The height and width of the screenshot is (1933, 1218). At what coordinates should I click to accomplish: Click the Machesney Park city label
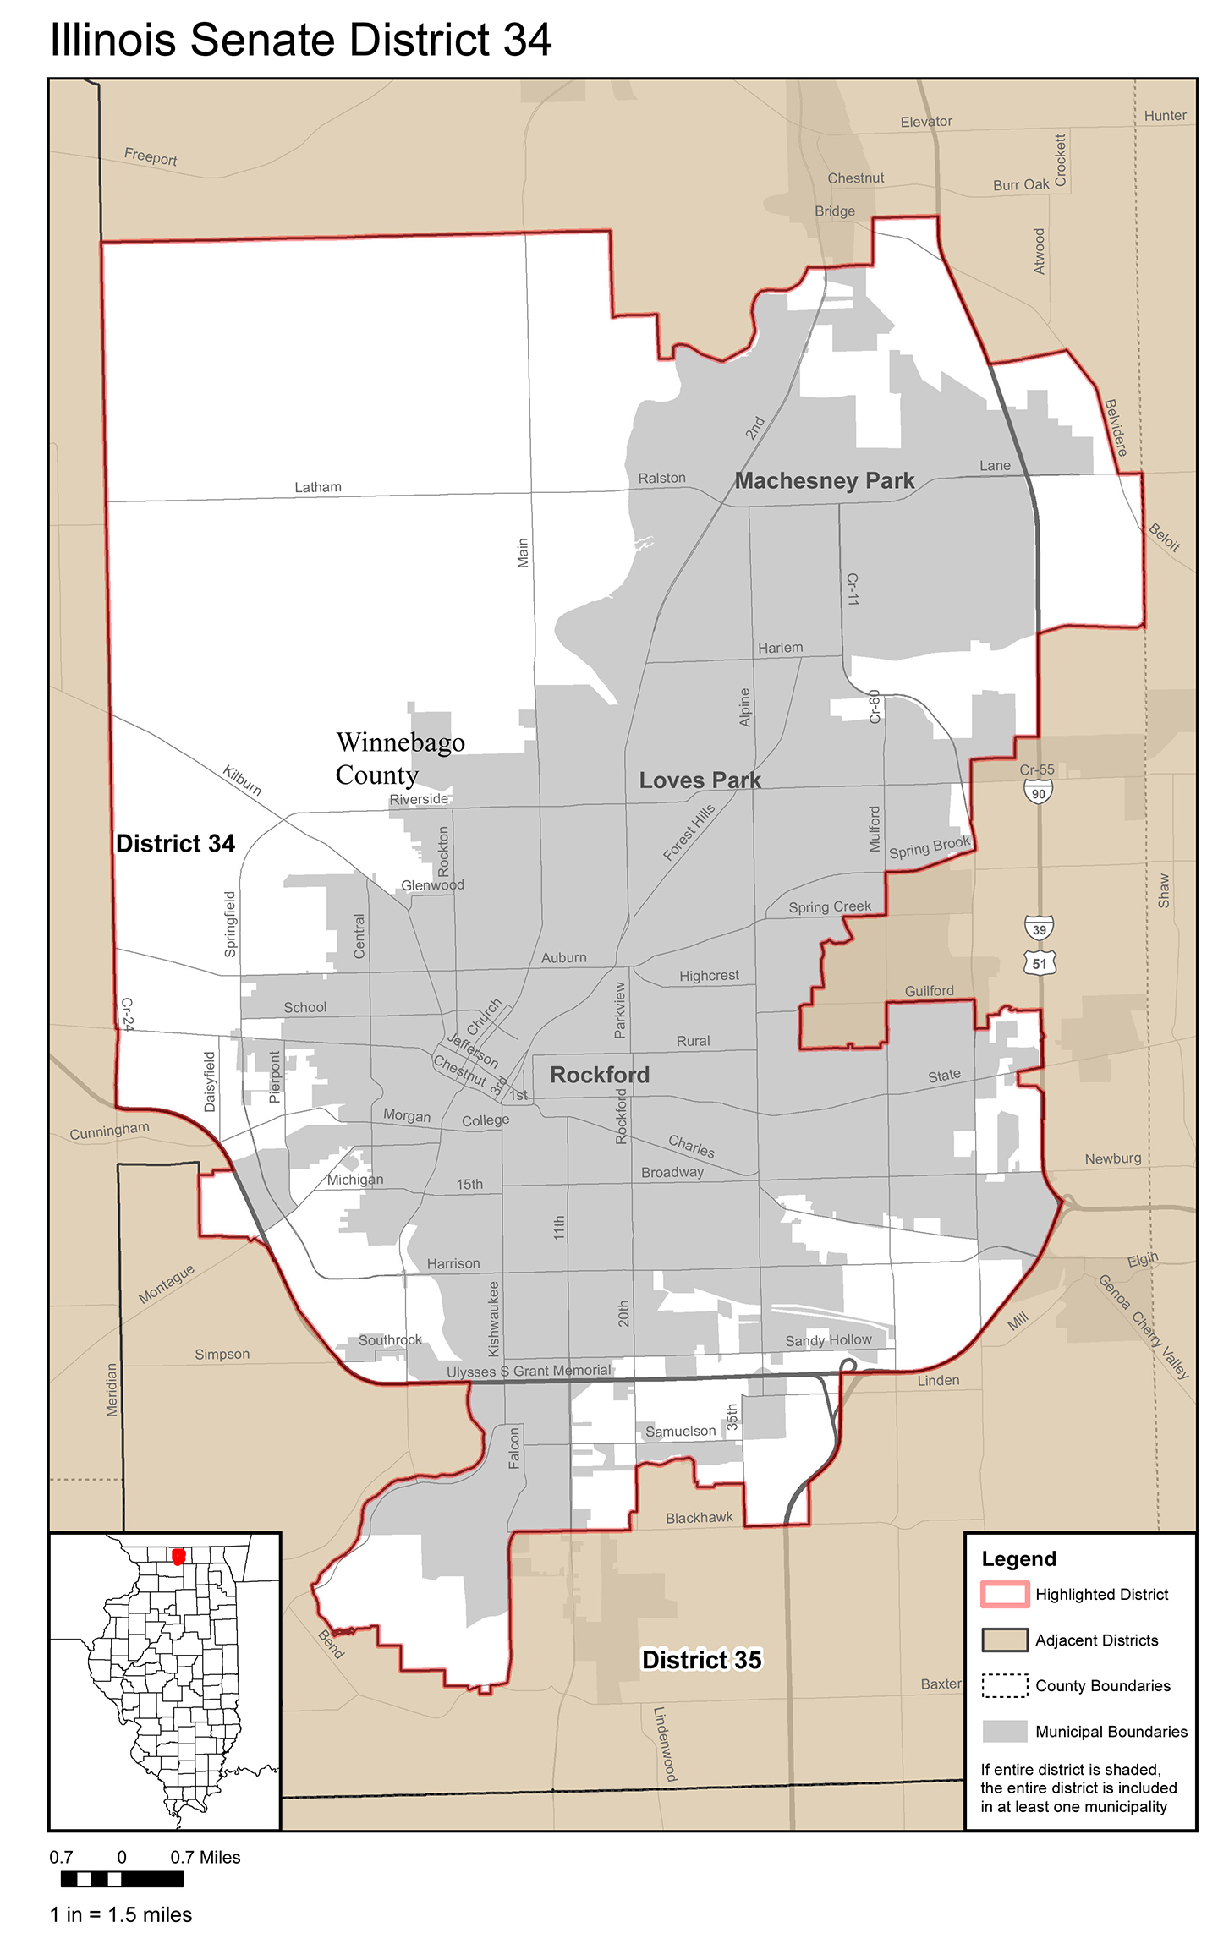[x=824, y=481]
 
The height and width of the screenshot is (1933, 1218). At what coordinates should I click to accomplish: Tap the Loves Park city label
[x=700, y=780]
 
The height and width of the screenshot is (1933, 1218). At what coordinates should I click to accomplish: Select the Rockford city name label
[x=600, y=1075]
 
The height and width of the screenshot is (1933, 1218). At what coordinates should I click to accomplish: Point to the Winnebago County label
[x=399, y=758]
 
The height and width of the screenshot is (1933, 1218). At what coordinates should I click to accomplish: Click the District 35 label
[x=701, y=1660]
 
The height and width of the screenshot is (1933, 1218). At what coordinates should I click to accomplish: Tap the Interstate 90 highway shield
[x=1038, y=792]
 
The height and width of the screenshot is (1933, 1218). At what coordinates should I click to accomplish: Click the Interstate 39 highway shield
[x=1039, y=928]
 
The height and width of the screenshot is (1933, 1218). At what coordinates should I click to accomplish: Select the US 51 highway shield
[x=1039, y=962]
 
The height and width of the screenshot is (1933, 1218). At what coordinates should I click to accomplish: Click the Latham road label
[x=318, y=487]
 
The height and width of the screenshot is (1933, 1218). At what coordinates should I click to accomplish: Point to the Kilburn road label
[x=242, y=780]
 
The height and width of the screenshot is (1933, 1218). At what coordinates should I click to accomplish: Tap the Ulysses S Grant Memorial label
[x=529, y=1371]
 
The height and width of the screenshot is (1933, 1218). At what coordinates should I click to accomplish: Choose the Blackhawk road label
[x=699, y=1518]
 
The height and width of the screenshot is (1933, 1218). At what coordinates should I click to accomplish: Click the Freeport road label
[x=151, y=157]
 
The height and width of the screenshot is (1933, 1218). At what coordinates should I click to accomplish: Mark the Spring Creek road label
[x=829, y=907]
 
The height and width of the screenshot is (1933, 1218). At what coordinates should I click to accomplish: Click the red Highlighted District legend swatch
[x=1004, y=1593]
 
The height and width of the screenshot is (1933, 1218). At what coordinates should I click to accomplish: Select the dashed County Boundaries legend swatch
[x=1004, y=1684]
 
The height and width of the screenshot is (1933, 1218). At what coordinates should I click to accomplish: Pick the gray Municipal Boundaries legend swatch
[x=1004, y=1730]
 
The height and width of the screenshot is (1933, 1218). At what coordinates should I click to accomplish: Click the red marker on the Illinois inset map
[x=178, y=1557]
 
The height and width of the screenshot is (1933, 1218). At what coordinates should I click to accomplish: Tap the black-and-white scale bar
[x=122, y=1878]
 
